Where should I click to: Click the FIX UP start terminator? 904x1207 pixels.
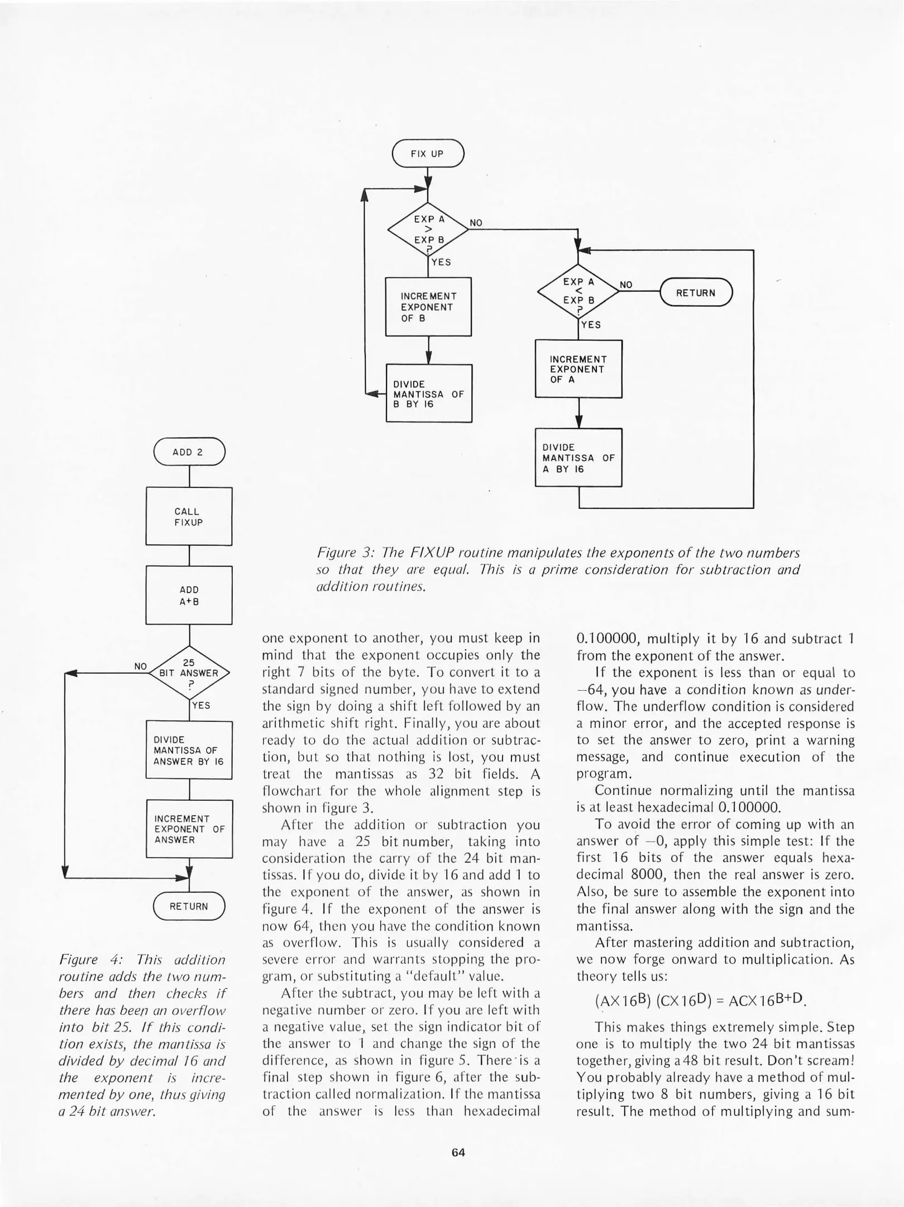428,153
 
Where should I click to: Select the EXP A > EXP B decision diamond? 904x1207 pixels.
428,230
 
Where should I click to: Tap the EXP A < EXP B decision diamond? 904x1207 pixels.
578,291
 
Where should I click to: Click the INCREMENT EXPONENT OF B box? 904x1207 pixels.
428,307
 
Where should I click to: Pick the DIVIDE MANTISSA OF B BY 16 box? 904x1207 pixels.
429,393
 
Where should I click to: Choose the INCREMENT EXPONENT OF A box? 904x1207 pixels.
578,369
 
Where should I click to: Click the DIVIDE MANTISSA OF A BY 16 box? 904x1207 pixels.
578,458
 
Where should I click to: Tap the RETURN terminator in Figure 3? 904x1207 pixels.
696,292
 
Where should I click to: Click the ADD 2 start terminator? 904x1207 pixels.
189,452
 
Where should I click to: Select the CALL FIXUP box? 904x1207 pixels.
189,516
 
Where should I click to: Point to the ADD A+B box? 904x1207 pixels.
189,595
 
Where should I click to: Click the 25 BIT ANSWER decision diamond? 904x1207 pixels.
189,673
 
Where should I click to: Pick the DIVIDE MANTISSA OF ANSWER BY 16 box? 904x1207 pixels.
189,750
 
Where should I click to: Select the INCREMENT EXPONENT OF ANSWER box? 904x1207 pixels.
189,829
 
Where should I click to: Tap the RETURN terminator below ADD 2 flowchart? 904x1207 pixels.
189,906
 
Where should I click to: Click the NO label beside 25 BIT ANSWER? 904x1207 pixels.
140,666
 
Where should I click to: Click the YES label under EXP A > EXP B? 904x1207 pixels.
441,262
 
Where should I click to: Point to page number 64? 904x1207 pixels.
458,1152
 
